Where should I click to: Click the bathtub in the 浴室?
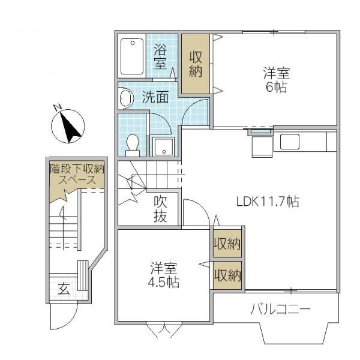click(x=132, y=56)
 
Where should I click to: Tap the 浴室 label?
click(x=160, y=56)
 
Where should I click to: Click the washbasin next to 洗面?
click(x=125, y=98)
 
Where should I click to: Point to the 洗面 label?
click(x=155, y=97)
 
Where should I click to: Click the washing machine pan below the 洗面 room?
click(x=163, y=146)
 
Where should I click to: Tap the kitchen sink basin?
click(x=290, y=142)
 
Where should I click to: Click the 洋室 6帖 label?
click(x=277, y=79)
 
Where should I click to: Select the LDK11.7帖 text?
click(x=268, y=202)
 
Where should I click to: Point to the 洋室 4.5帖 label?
click(x=163, y=275)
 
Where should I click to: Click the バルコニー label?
click(x=280, y=309)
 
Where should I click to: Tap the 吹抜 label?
click(x=160, y=209)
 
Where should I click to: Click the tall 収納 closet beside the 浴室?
click(x=196, y=64)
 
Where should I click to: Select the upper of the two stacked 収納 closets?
click(x=227, y=243)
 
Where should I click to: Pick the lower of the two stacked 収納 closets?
click(x=227, y=275)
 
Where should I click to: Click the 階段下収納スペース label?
click(x=77, y=175)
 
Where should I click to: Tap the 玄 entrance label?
click(x=64, y=289)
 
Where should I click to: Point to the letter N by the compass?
click(x=58, y=107)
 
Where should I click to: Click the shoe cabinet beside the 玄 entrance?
click(x=83, y=275)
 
